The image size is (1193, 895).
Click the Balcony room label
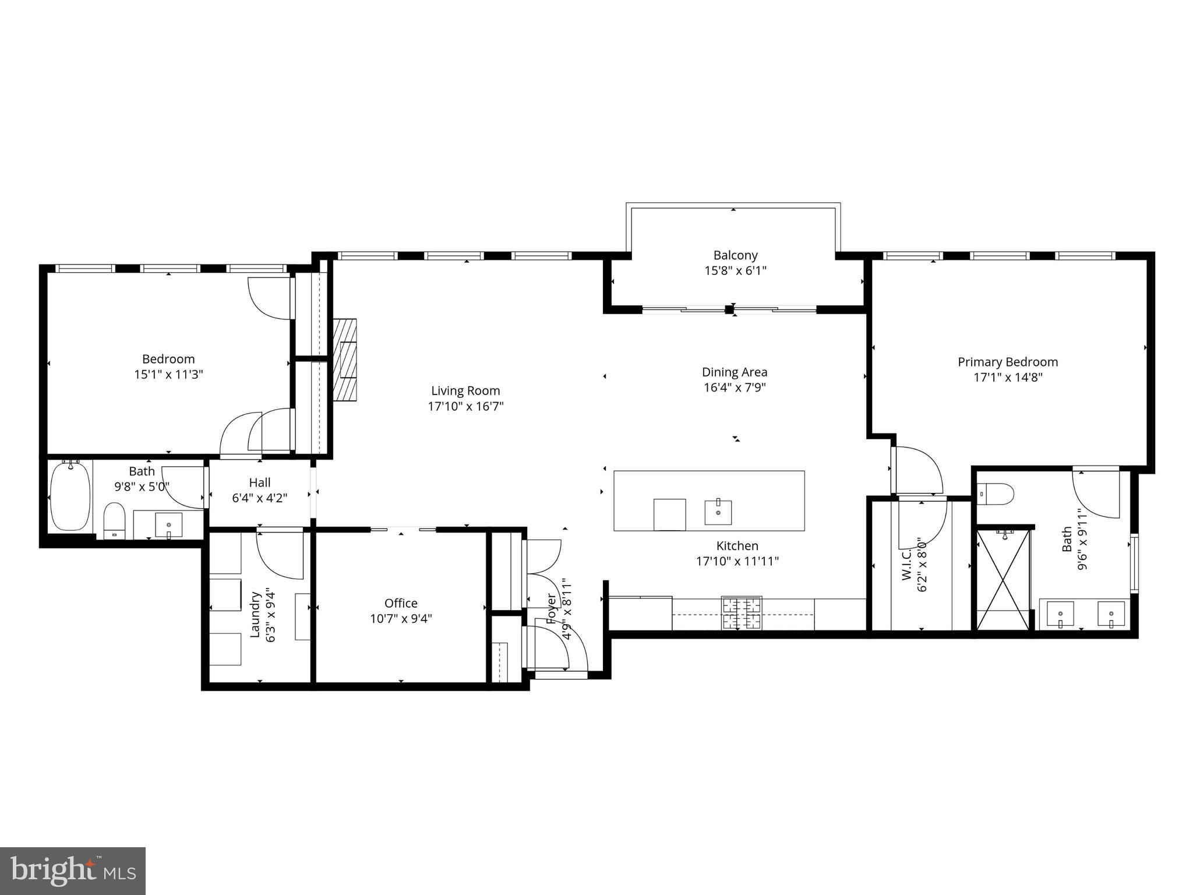(x=735, y=255)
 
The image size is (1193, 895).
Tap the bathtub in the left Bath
(x=70, y=495)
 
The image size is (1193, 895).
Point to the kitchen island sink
(x=718, y=512)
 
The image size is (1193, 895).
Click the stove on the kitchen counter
(x=742, y=613)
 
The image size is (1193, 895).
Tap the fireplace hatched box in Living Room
(x=345, y=360)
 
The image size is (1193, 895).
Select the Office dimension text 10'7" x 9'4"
(x=401, y=619)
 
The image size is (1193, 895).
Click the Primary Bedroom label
(x=1008, y=362)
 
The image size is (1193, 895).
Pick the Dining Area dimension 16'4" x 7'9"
(x=734, y=387)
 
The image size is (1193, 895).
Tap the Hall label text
(x=260, y=482)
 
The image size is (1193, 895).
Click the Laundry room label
(x=255, y=615)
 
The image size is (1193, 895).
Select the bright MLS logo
(x=73, y=871)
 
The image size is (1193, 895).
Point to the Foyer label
(x=551, y=609)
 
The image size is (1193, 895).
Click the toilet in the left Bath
(x=115, y=520)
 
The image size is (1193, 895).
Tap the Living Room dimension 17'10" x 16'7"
(x=465, y=406)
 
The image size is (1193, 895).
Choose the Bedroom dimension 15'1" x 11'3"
(x=168, y=374)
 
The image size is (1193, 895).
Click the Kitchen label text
(x=737, y=546)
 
